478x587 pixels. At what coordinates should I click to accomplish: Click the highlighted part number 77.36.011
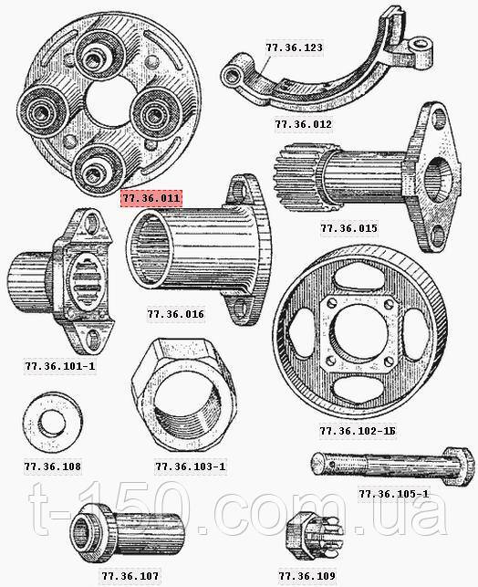(x=151, y=198)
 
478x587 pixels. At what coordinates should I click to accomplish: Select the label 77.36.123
(x=294, y=47)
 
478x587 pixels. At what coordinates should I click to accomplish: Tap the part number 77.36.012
(x=304, y=124)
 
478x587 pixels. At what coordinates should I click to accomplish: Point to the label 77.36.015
(x=348, y=228)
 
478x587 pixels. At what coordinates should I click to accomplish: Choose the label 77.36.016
(x=176, y=314)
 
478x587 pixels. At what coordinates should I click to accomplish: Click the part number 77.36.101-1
(x=60, y=365)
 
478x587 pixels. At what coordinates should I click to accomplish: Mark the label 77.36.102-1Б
(x=358, y=431)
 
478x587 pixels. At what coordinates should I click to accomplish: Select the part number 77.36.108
(x=52, y=466)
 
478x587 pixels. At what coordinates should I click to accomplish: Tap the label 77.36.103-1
(x=191, y=466)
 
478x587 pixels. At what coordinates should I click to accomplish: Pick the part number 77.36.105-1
(x=393, y=494)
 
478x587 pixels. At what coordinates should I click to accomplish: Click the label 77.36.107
(x=130, y=575)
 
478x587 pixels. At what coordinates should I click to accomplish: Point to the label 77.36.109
(x=307, y=575)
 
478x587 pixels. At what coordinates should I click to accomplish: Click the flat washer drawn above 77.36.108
(x=52, y=423)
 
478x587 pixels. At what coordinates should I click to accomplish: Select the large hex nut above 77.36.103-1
(x=183, y=393)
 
